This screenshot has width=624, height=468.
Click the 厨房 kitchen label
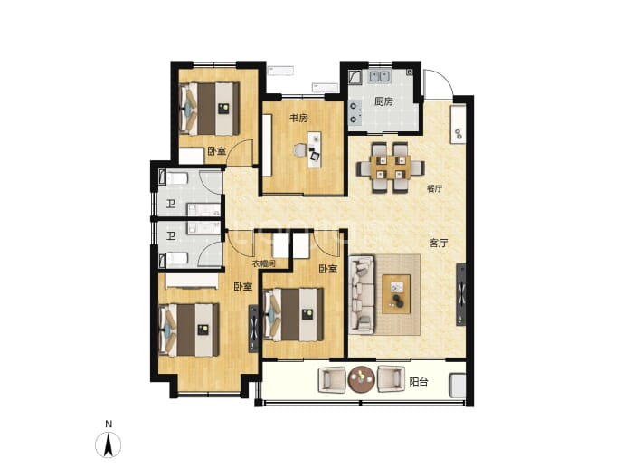click(x=383, y=101)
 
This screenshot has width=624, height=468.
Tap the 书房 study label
click(x=298, y=119)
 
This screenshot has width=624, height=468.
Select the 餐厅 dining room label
click(x=434, y=188)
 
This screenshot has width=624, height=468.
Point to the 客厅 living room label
click(x=438, y=243)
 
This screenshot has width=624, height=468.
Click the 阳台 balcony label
click(x=419, y=382)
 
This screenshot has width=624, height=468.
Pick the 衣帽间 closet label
click(x=264, y=263)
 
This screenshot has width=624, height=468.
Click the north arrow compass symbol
click(x=109, y=444)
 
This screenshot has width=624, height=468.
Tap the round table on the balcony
click(x=361, y=378)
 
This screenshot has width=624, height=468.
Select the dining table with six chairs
click(x=391, y=167)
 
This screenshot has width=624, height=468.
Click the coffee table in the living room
click(x=396, y=294)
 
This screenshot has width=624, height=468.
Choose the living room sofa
click(x=362, y=295)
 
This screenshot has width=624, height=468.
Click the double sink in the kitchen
click(x=378, y=76)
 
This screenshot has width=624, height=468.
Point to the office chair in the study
click(x=299, y=149)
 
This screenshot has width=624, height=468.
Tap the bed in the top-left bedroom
click(x=210, y=109)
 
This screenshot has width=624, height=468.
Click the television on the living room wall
click(x=461, y=295)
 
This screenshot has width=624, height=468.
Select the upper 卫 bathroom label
click(x=171, y=205)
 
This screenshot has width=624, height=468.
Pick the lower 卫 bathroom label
click(x=171, y=236)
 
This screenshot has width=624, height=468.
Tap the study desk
click(x=315, y=149)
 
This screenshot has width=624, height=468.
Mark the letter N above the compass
click(x=109, y=425)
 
